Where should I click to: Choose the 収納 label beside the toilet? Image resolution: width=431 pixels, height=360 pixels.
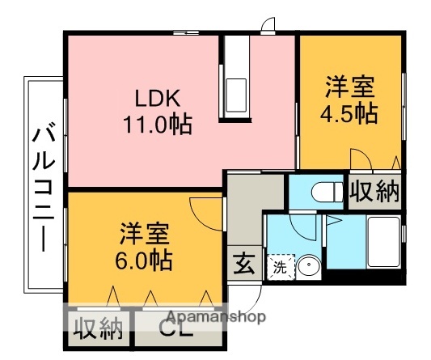coord(374,193)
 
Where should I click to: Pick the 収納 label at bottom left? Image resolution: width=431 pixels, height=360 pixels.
coord(99,329)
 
